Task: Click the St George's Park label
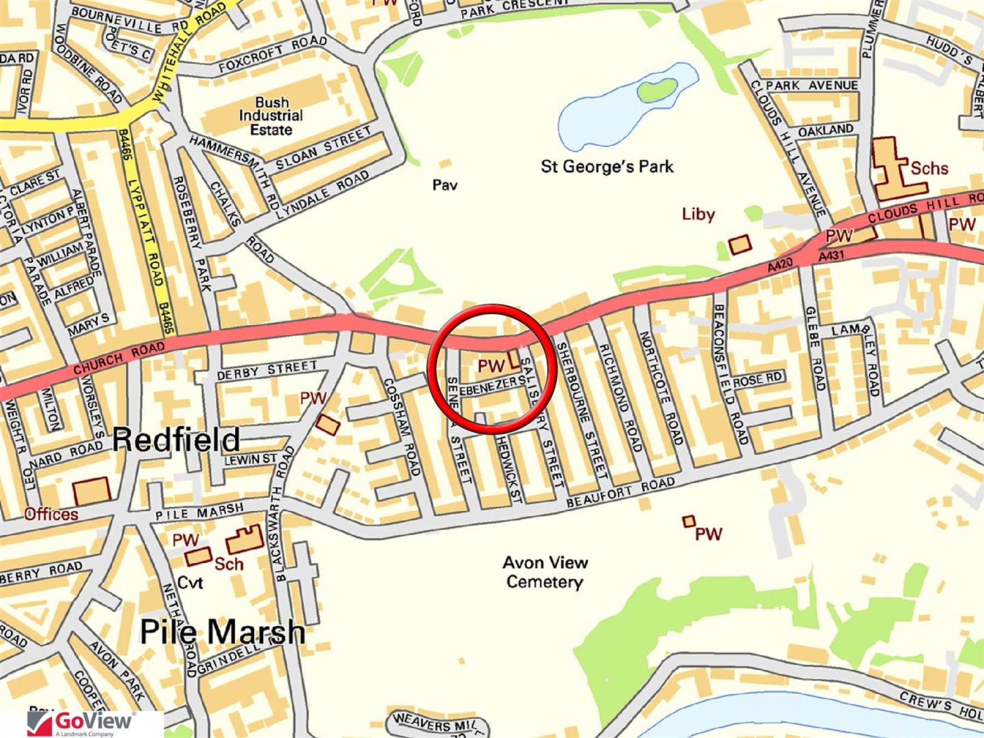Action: point(607,166)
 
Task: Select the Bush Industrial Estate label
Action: point(271,116)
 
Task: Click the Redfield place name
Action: point(176,439)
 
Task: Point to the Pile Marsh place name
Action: point(222,632)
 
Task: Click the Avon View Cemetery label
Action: point(545,572)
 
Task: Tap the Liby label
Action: point(698,214)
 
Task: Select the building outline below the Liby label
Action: point(740,244)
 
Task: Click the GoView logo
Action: point(82,723)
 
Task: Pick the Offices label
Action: point(51,514)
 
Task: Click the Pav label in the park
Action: point(444,185)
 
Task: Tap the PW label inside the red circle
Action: point(491,366)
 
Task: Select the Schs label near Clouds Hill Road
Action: point(929,168)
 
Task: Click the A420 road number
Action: point(780,265)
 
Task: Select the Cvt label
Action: point(190,583)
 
